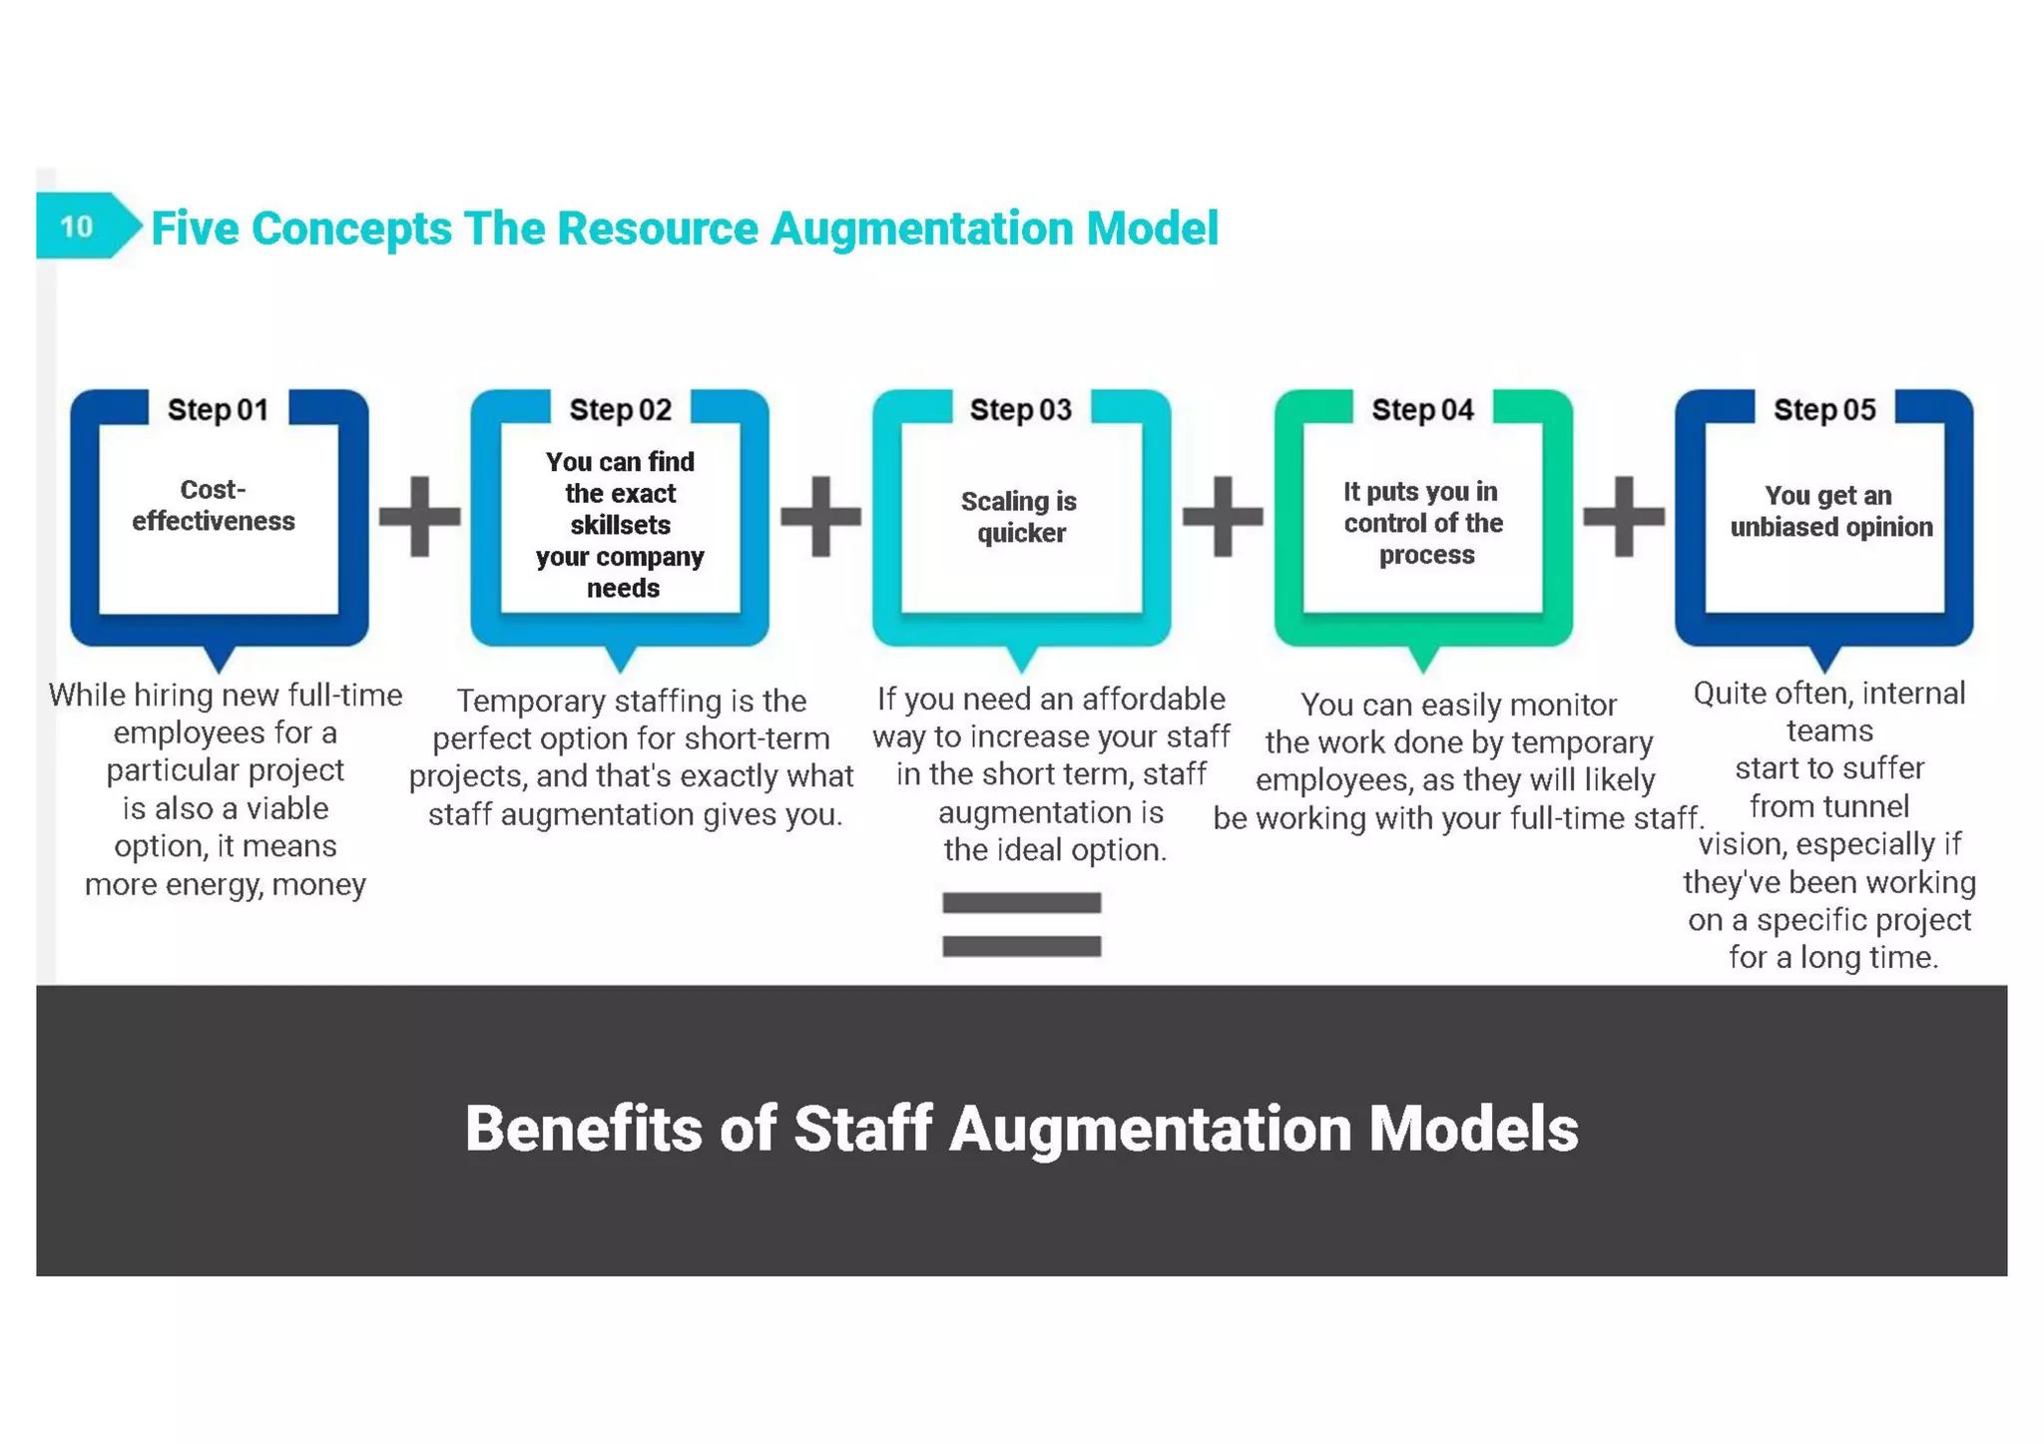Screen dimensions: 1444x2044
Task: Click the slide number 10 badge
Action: tap(78, 227)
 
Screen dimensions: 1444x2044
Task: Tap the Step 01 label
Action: tap(218, 410)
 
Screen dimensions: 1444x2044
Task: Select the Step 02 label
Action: tap(620, 410)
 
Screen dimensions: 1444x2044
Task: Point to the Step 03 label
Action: tap(1020, 410)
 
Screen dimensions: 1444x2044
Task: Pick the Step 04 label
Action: tap(1422, 410)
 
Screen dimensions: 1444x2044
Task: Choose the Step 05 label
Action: tap(1823, 410)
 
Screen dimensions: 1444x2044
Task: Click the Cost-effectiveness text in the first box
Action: tap(214, 506)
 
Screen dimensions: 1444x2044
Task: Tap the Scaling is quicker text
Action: tap(1019, 517)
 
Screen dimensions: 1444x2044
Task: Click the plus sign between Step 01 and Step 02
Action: tap(420, 516)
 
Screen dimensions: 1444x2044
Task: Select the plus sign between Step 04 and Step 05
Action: tap(1624, 516)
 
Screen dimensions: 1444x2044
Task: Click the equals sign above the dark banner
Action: tap(1021, 924)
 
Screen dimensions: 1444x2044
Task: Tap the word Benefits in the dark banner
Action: tap(584, 1130)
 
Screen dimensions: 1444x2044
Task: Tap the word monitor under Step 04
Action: tap(1568, 706)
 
